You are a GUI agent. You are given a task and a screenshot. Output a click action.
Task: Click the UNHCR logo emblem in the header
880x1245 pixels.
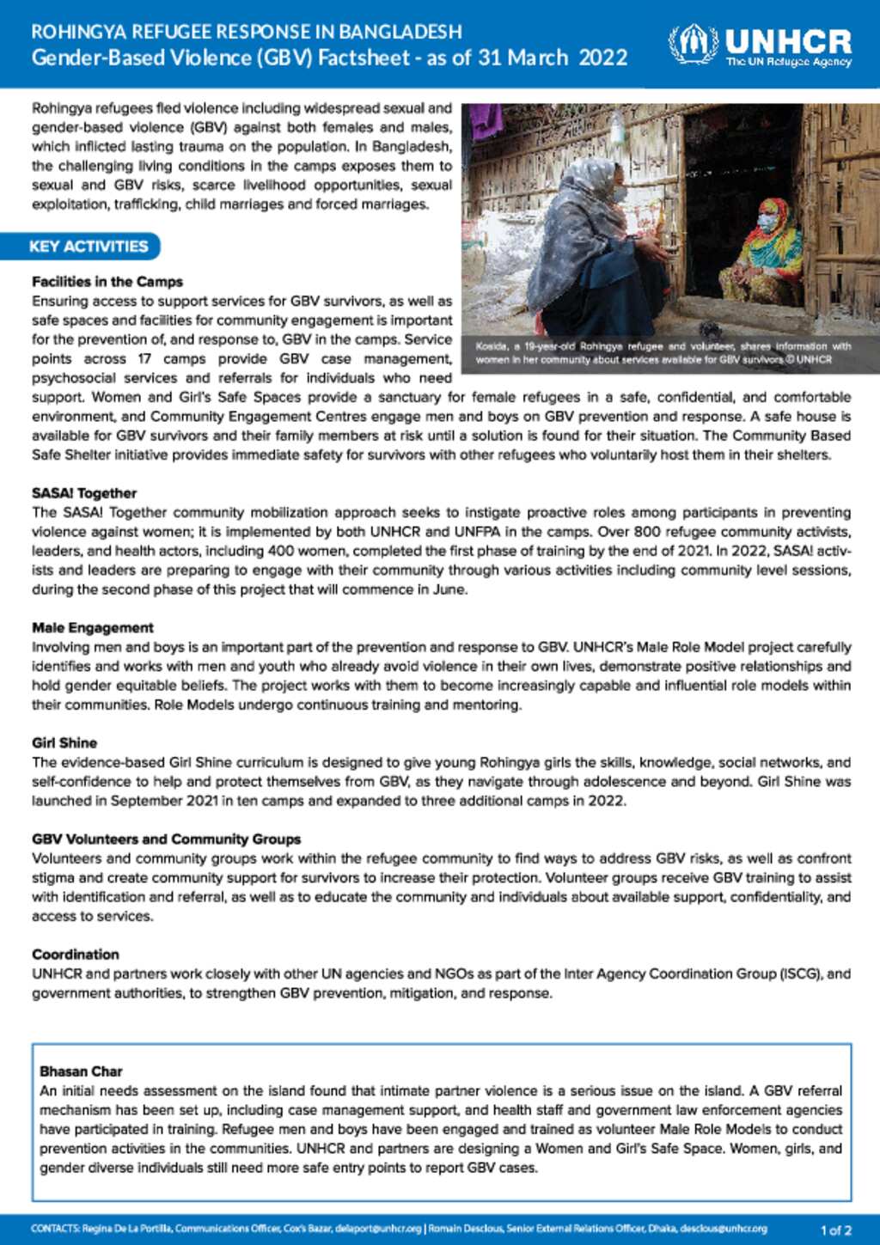693,45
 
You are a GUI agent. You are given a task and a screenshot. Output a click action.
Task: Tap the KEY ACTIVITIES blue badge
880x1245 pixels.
88,247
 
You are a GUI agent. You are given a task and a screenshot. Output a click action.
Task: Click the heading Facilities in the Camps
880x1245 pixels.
107,282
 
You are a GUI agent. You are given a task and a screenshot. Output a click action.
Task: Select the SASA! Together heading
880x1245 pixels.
84,493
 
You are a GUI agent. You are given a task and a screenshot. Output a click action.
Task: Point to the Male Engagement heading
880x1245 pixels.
93,628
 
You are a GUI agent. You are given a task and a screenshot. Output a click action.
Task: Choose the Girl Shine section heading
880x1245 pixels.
64,743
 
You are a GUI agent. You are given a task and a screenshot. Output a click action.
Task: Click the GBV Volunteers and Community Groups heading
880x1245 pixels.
167,839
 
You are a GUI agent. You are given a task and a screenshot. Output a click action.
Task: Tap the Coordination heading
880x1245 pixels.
76,955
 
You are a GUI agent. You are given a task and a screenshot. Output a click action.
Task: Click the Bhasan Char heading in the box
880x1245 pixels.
81,1071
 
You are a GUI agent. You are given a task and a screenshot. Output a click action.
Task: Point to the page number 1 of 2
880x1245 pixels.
835,1230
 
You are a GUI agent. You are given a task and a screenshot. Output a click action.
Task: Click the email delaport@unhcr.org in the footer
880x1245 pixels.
378,1230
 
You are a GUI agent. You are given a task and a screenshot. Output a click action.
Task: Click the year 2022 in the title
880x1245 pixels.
603,58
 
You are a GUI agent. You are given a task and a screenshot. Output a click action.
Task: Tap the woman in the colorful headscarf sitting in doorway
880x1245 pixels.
763,249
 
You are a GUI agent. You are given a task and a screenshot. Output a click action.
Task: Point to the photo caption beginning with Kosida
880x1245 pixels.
663,353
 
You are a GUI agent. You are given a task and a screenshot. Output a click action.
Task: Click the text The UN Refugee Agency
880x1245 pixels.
788,62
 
